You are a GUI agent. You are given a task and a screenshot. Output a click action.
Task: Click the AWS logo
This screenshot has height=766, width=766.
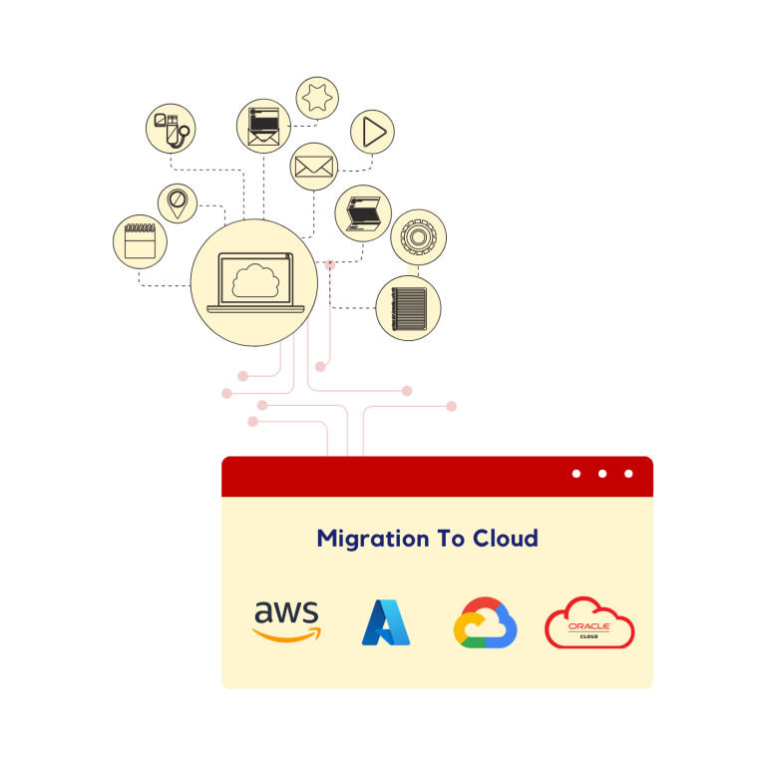[x=287, y=621]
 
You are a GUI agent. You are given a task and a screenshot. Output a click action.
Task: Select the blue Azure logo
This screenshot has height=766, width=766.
[x=386, y=622]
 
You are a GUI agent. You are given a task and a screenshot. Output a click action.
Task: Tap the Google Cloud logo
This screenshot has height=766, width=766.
[x=485, y=622]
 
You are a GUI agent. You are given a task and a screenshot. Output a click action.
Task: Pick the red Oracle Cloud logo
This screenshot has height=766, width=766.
[x=589, y=622]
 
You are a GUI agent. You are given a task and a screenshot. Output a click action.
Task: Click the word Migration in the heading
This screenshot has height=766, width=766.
[x=373, y=540]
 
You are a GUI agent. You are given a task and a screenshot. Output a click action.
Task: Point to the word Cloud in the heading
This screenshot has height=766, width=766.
[x=506, y=538]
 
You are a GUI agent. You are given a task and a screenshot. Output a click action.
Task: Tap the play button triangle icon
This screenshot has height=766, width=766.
[x=374, y=132]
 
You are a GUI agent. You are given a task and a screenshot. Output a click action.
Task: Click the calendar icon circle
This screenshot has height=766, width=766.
[x=141, y=241]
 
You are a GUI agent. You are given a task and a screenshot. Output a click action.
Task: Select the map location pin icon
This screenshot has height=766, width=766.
[x=177, y=203]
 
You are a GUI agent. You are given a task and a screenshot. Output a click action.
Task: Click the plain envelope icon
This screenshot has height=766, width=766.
[x=314, y=167]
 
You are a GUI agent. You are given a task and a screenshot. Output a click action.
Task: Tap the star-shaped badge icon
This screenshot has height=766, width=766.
[x=317, y=98]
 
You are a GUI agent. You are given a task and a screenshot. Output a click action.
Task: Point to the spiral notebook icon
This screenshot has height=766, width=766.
[x=409, y=309]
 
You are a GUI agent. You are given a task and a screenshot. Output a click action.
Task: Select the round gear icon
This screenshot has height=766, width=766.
[x=418, y=237]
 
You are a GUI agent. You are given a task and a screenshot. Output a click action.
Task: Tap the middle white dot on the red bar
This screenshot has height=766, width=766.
[x=602, y=474]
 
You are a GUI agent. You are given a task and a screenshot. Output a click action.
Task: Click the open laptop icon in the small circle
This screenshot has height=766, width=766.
[x=363, y=213]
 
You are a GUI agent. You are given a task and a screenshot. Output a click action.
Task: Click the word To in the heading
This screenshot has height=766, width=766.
[x=451, y=538]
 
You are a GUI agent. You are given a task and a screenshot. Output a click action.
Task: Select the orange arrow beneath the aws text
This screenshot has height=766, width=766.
[x=287, y=634]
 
